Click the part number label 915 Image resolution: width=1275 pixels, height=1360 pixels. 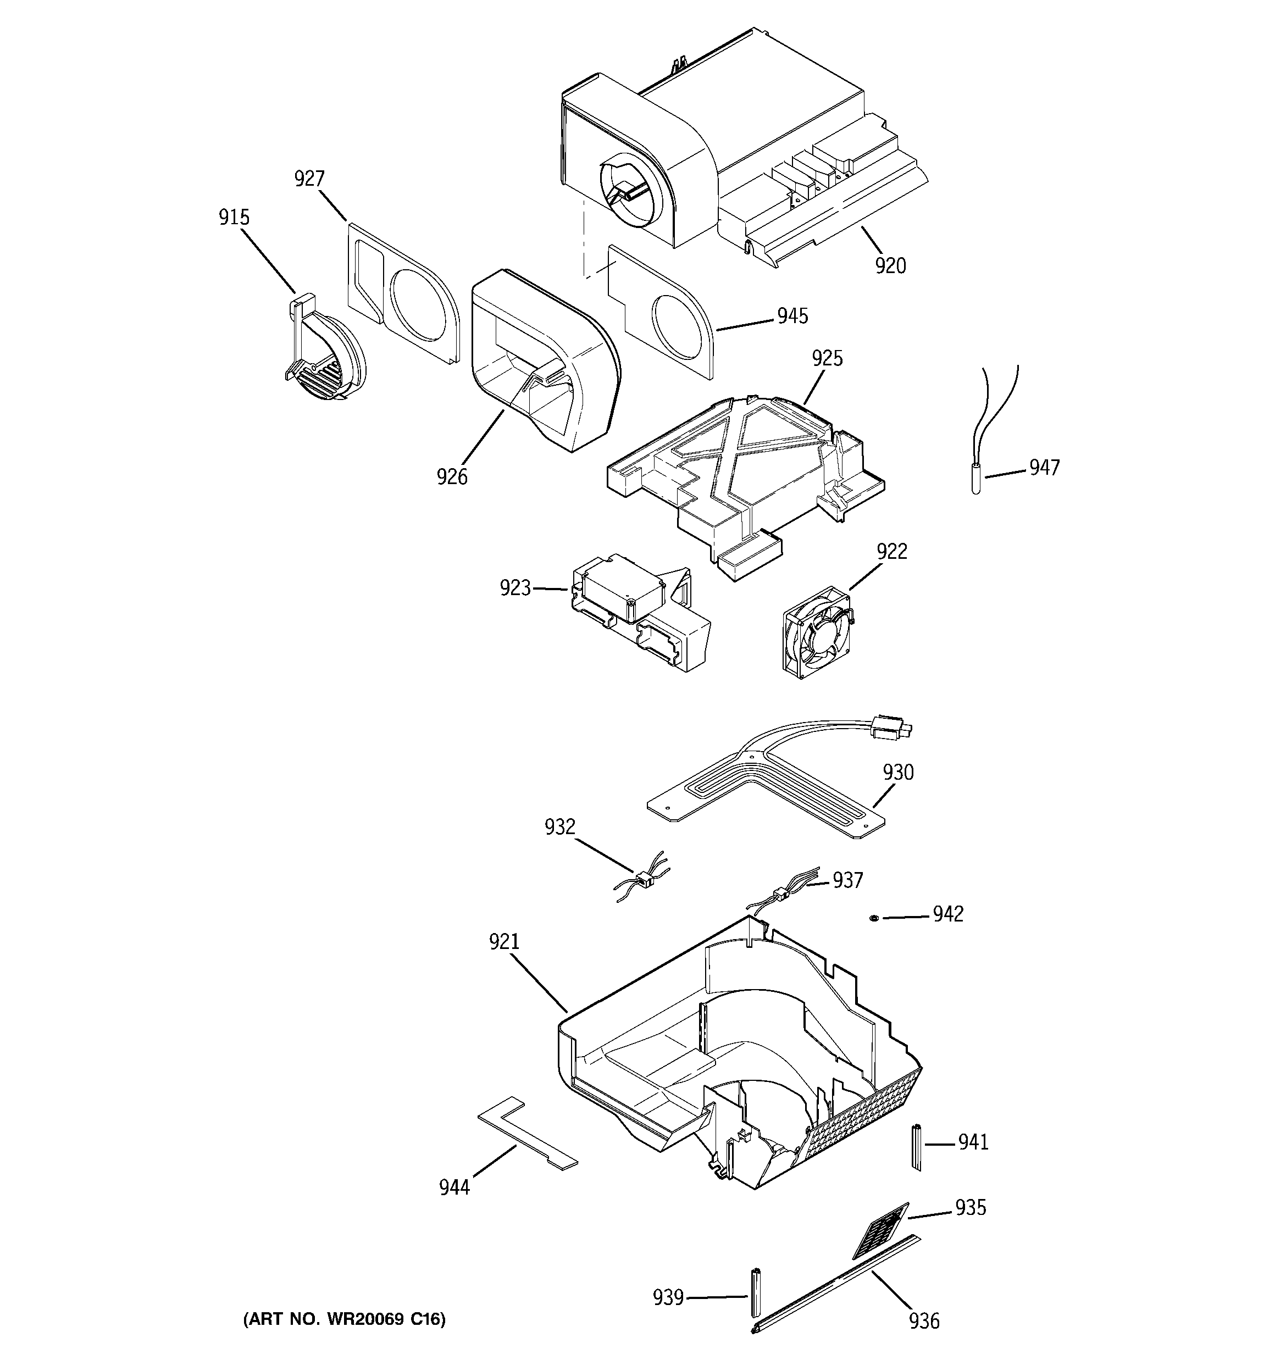click(234, 218)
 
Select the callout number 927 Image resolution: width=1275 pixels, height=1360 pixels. click(309, 179)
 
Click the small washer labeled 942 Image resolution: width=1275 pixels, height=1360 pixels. click(874, 917)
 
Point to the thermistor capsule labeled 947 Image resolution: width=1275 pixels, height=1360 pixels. click(975, 479)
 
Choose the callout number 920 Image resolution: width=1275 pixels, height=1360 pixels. click(890, 266)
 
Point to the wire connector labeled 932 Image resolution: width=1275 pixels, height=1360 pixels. click(644, 879)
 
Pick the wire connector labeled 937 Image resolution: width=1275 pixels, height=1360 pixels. click(779, 893)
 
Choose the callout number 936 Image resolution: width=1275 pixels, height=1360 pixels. click(924, 1320)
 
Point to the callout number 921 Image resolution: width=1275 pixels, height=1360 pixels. click(504, 942)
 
